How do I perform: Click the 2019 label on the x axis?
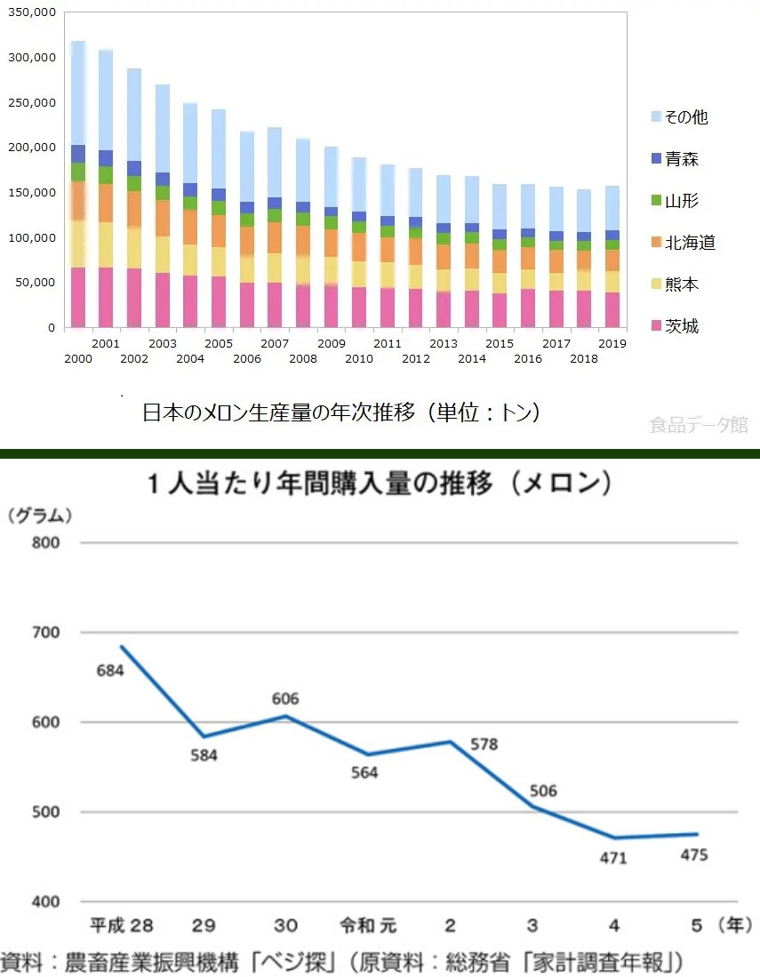pyautogui.click(x=613, y=342)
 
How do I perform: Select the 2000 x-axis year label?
pyautogui.click(x=78, y=358)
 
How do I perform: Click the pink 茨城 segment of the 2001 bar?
pyautogui.click(x=106, y=297)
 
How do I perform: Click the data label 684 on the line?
pyautogui.click(x=109, y=669)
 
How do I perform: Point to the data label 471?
pyautogui.click(x=613, y=858)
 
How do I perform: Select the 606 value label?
pyautogui.click(x=285, y=699)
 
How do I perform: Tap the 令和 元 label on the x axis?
pyautogui.click(x=368, y=925)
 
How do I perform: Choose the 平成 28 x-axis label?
pyautogui.click(x=122, y=925)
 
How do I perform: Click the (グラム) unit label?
pyautogui.click(x=40, y=514)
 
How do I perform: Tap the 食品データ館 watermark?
pyautogui.click(x=699, y=426)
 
